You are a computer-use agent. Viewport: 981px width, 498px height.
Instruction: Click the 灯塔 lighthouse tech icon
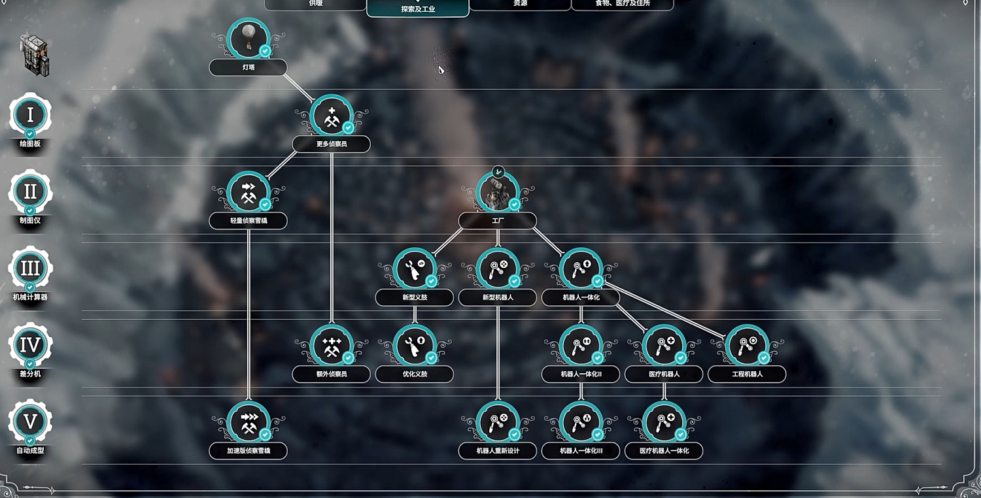(x=248, y=38)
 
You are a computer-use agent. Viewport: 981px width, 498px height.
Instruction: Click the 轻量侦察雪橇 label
(x=248, y=221)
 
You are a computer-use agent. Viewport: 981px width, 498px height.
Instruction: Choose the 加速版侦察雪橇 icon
(x=248, y=422)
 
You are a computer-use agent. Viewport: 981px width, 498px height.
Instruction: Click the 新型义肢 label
(x=414, y=298)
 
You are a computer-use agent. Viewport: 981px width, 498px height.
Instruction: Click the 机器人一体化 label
(x=581, y=298)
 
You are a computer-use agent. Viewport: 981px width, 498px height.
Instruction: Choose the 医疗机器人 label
(x=664, y=374)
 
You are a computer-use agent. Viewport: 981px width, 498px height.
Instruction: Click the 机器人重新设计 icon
(x=498, y=422)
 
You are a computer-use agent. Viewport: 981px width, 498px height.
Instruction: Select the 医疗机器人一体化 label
(x=664, y=451)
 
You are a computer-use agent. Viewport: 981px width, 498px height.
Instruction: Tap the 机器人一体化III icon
(x=581, y=422)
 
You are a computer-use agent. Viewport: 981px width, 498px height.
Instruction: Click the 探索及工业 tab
(x=418, y=8)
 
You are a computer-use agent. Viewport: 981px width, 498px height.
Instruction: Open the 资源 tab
(x=520, y=4)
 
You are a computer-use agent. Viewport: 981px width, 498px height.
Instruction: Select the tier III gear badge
(x=30, y=268)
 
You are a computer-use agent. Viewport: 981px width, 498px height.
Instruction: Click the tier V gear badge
(x=30, y=421)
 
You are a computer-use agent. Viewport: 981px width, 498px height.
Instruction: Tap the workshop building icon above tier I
(x=34, y=52)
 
